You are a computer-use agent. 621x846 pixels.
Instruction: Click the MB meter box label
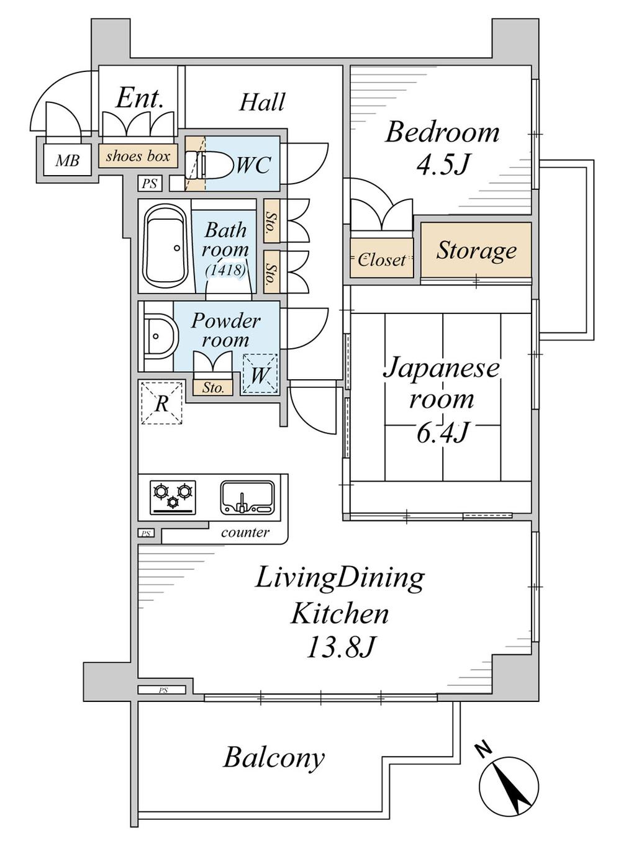point(67,161)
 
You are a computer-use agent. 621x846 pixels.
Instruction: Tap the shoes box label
point(138,156)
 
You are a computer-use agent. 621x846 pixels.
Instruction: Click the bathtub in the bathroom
point(165,246)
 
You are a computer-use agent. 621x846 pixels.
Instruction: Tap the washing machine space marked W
point(260,375)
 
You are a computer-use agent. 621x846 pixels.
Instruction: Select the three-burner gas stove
point(173,497)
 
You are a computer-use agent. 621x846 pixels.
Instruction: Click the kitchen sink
point(247,497)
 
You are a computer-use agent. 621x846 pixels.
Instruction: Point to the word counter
point(245,532)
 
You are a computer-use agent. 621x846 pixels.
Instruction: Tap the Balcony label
point(274,758)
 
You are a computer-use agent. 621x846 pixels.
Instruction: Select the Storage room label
point(476,250)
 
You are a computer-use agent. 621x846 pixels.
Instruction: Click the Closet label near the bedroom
point(381,259)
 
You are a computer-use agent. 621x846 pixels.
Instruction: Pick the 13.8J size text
point(341,648)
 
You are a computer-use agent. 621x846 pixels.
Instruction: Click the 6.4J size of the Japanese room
point(442,432)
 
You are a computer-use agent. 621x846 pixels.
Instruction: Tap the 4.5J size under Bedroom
point(442,164)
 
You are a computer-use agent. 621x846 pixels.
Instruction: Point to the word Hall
point(263,102)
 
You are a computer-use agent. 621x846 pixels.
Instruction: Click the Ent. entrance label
point(140,97)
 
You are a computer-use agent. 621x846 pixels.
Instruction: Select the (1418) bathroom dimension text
point(225,270)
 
